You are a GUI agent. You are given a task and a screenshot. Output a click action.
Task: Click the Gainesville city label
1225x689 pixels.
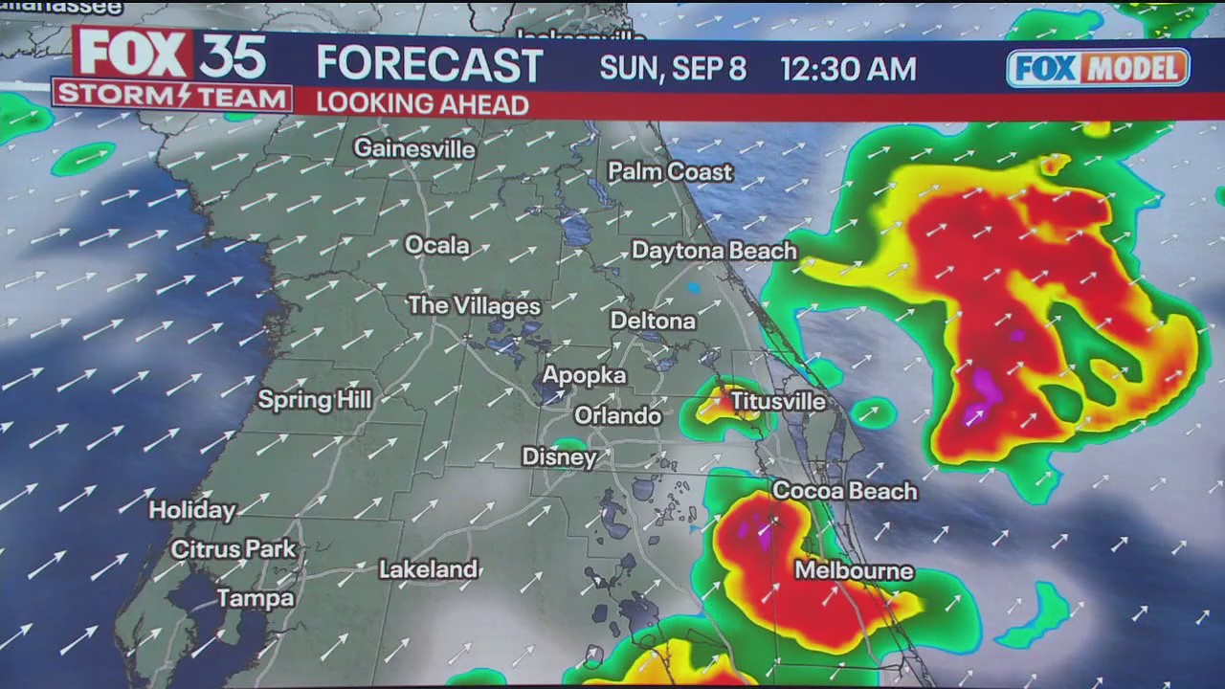[x=413, y=149]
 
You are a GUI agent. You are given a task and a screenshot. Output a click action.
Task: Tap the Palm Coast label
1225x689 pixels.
[x=670, y=172]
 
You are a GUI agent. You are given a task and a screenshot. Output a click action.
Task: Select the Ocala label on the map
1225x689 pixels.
[x=437, y=246]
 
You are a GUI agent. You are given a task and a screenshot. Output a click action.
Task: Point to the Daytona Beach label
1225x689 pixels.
[x=714, y=251]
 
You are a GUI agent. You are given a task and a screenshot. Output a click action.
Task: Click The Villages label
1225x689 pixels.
[x=474, y=306]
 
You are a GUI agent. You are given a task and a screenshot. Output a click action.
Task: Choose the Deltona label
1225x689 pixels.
[x=653, y=322]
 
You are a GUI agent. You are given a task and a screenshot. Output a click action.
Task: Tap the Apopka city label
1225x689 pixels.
[x=584, y=376]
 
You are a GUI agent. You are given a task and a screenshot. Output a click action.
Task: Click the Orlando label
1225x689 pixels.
[x=617, y=416]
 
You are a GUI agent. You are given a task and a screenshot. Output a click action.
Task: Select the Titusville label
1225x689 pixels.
[x=778, y=402]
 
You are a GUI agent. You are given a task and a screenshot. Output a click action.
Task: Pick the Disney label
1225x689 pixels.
[x=559, y=457]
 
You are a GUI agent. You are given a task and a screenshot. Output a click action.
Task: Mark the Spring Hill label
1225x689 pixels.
[x=314, y=400]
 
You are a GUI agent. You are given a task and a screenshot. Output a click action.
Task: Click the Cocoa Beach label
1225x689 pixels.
[x=844, y=491]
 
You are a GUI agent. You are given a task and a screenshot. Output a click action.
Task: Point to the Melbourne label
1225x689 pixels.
[x=854, y=571]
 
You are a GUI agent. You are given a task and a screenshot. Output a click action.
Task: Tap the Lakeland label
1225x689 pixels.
[x=428, y=569]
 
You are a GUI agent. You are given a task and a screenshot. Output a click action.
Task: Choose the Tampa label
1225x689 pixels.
[x=255, y=599]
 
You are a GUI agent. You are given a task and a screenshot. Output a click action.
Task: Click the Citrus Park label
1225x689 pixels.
[x=234, y=549]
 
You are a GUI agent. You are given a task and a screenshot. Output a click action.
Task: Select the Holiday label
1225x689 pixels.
[x=191, y=511]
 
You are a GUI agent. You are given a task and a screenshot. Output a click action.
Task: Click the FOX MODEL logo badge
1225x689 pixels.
[x=1098, y=68]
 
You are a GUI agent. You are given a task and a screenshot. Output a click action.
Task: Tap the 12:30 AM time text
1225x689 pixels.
[x=848, y=69]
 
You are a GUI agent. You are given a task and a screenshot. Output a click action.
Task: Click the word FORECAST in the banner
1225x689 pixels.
[x=430, y=65]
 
